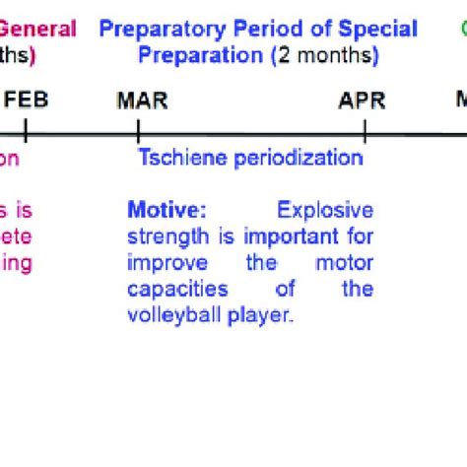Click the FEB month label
(x=27, y=100)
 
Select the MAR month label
(x=142, y=100)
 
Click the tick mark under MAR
(x=139, y=129)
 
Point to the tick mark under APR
(x=366, y=129)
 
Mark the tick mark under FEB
(x=26, y=129)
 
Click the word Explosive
(x=325, y=210)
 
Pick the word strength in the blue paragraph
(x=162, y=236)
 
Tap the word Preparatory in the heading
(x=160, y=30)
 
